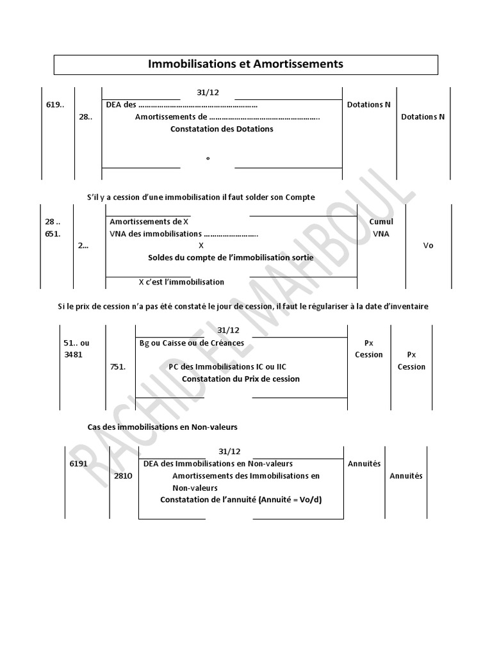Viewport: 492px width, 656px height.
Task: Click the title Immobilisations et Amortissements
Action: click(x=246, y=64)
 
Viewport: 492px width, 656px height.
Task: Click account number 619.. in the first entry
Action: click(x=55, y=104)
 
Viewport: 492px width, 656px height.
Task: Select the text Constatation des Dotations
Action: click(x=222, y=129)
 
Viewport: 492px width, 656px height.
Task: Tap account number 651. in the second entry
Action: click(x=53, y=234)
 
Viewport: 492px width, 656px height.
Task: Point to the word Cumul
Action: click(x=381, y=222)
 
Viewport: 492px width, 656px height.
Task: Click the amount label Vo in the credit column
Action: click(x=429, y=245)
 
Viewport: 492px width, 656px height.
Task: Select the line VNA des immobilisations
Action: click(x=184, y=234)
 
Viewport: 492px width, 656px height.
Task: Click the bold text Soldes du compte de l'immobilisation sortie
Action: click(x=231, y=258)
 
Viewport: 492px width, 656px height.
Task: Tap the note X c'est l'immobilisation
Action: click(x=181, y=282)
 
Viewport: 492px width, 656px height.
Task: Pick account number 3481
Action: click(x=73, y=354)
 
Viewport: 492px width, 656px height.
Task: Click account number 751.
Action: click(x=119, y=366)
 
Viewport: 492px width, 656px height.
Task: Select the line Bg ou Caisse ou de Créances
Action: click(x=192, y=343)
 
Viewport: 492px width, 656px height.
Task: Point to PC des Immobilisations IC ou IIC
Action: click(x=227, y=366)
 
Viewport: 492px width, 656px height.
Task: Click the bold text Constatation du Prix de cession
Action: click(x=241, y=379)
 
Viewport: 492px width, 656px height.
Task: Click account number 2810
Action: click(x=123, y=476)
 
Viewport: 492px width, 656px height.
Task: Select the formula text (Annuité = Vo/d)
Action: click(x=290, y=499)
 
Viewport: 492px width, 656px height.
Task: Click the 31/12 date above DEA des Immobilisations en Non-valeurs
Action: click(x=229, y=452)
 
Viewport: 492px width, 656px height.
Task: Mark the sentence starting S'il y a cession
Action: click(x=201, y=197)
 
